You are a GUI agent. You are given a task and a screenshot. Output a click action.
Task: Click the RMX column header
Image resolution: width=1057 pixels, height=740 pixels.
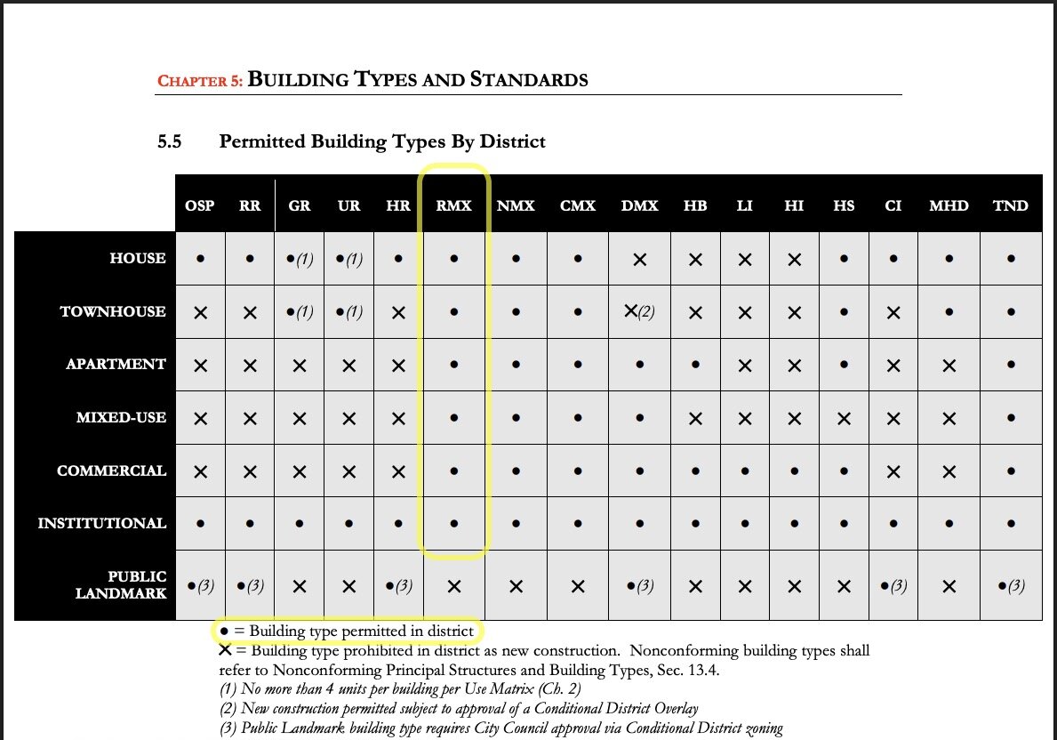point(454,205)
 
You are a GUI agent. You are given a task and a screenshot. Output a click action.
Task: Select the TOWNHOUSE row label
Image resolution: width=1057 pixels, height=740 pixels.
point(113,311)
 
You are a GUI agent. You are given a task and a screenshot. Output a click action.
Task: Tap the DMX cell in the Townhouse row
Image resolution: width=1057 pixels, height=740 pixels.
point(639,311)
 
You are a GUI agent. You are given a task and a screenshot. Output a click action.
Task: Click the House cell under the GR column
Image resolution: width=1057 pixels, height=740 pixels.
point(300,259)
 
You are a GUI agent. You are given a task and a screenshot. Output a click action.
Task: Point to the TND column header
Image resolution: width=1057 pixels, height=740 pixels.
point(1011,205)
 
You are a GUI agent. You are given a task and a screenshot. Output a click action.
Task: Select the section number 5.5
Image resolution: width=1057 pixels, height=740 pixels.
point(170,141)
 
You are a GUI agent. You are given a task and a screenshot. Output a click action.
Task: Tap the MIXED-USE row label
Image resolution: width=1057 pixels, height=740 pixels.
point(121,417)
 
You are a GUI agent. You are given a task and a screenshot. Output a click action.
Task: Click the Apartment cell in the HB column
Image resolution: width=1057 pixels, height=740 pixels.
point(695,365)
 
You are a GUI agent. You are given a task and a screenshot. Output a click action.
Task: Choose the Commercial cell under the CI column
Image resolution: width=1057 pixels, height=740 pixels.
point(893,471)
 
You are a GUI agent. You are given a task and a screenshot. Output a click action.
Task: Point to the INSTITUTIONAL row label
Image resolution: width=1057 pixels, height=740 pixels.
point(102,523)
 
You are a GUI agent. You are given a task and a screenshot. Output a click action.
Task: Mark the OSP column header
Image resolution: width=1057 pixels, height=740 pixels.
point(200,205)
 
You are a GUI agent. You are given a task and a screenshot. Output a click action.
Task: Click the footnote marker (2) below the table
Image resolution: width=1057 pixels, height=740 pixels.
point(228,709)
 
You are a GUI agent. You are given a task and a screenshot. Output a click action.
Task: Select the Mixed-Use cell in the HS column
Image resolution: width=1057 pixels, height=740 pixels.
point(845,417)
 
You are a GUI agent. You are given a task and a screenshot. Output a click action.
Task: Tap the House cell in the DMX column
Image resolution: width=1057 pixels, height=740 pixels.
point(639,259)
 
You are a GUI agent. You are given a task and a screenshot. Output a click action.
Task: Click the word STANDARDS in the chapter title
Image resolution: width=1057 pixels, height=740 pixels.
point(529,79)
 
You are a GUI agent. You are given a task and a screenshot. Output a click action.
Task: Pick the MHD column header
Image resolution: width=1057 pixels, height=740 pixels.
point(949,205)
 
